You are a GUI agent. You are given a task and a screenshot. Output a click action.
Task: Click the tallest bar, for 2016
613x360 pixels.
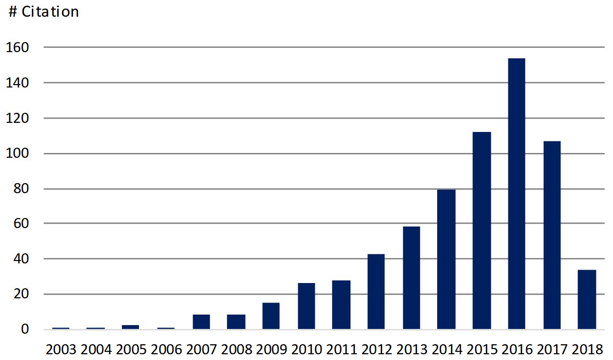tap(516, 194)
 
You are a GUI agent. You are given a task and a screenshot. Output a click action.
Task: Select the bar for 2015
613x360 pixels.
tap(482, 230)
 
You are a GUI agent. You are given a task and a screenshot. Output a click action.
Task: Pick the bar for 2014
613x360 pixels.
tap(446, 259)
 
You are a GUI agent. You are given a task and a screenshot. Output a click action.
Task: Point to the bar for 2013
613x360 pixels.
tap(411, 278)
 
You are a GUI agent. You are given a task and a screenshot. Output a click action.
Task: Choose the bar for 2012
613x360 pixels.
tap(376, 292)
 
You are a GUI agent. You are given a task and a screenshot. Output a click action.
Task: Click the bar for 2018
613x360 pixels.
tap(587, 299)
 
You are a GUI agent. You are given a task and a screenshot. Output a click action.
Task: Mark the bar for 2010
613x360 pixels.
tap(306, 306)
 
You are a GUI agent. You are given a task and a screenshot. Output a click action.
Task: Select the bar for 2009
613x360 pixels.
tap(271, 316)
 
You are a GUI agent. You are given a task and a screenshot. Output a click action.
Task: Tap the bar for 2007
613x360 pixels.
tap(201, 322)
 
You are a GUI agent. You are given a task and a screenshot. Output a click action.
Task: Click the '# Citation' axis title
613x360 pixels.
tap(44, 12)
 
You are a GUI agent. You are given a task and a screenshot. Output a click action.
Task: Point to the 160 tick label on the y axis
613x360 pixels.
tap(18, 47)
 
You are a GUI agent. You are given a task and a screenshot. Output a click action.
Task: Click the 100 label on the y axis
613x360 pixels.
tap(18, 153)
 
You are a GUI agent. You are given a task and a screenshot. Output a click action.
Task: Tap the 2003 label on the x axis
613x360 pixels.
tap(61, 349)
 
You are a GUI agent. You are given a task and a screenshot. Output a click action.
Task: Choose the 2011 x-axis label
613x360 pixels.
tap(341, 349)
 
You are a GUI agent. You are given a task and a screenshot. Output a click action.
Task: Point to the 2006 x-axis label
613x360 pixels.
tap(166, 349)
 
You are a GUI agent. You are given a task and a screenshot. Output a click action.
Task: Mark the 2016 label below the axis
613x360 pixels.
tap(516, 349)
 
